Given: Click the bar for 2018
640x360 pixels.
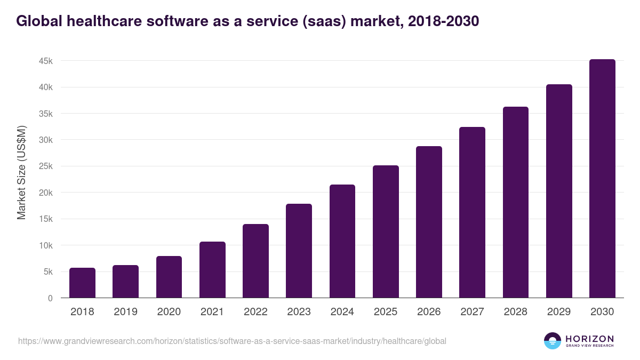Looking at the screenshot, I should tap(82, 283).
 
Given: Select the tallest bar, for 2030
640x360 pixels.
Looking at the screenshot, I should tap(602, 179).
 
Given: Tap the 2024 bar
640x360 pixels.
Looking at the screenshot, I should tap(342, 241).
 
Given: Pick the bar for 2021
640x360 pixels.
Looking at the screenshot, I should tap(212, 270).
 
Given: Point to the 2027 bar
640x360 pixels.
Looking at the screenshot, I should tap(472, 212).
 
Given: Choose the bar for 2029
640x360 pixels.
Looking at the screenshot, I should tap(559, 191).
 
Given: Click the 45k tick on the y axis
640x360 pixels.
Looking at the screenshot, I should tap(46, 61).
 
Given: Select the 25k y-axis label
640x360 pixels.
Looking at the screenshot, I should tap(46, 166).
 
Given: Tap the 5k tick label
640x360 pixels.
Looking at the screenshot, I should tap(48, 271).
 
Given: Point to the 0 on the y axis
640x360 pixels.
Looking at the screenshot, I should tap(50, 298).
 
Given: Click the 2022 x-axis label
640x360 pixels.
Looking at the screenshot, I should tap(255, 312).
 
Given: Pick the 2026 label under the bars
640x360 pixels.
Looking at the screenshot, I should tap(429, 312).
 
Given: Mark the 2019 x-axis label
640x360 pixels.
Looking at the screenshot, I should tap(125, 312).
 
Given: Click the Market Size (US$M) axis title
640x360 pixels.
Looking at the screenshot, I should tap(22, 173).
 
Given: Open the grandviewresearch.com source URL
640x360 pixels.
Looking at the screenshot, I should tap(232, 341).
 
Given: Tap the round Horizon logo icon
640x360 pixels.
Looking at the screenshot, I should tap(553, 341).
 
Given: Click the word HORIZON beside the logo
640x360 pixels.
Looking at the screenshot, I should tap(589, 339).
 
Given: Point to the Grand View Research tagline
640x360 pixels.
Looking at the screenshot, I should tap(589, 346).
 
